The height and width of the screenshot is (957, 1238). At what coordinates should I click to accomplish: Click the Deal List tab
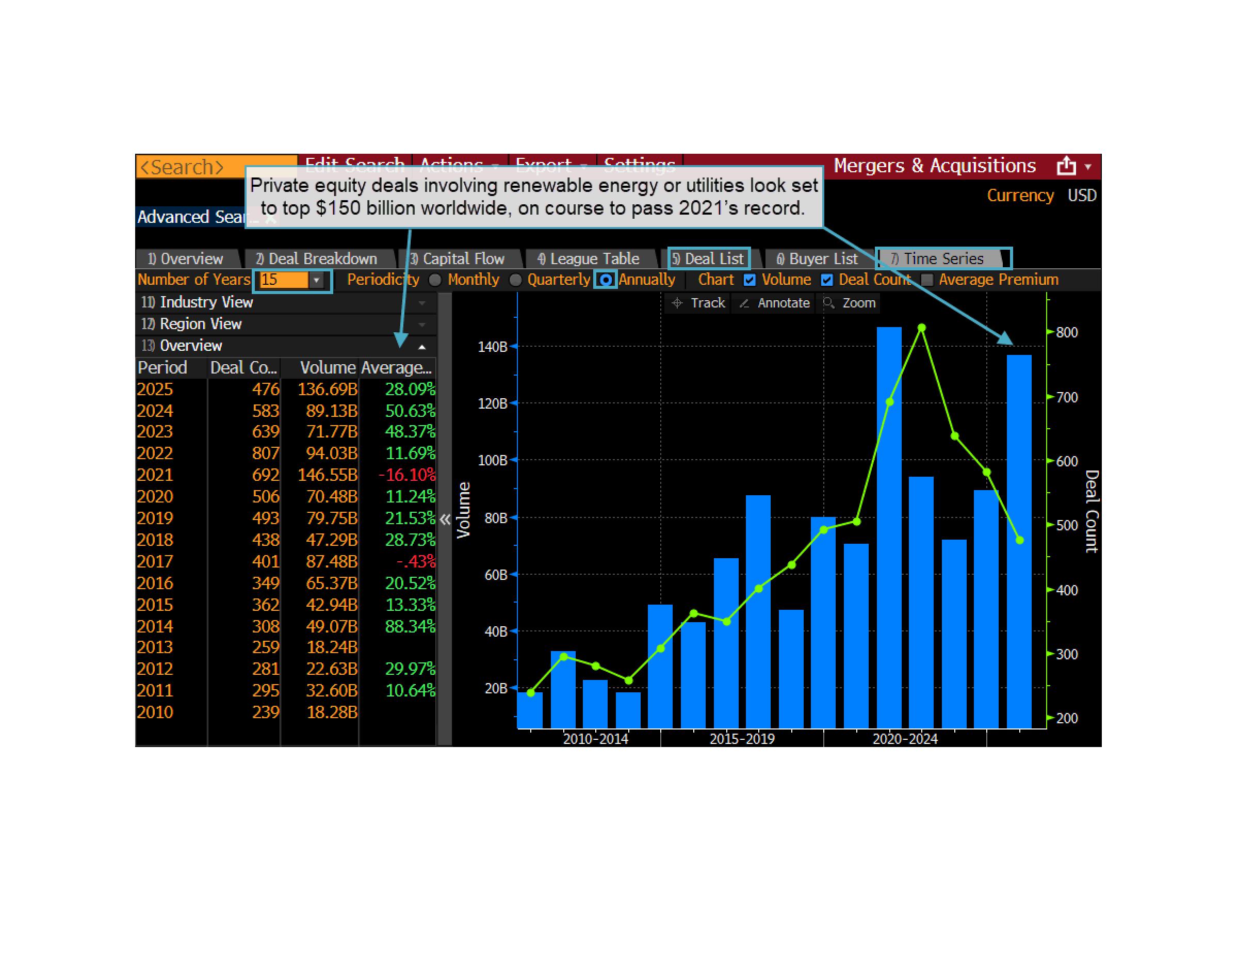pyautogui.click(x=709, y=258)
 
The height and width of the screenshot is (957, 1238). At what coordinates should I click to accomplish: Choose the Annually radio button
pyautogui.click(x=606, y=280)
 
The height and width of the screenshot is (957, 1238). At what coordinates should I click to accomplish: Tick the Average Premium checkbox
pyautogui.click(x=927, y=280)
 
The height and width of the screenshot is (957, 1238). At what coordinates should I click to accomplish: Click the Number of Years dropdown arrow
pyautogui.click(x=316, y=280)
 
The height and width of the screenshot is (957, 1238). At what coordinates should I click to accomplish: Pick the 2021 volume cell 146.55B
pyautogui.click(x=328, y=475)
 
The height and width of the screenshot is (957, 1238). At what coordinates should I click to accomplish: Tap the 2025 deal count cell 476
pyautogui.click(x=265, y=389)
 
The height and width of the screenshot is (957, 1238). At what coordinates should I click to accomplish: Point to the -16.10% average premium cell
pyautogui.click(x=406, y=475)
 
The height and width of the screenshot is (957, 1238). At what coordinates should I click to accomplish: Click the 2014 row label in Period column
pyautogui.click(x=155, y=626)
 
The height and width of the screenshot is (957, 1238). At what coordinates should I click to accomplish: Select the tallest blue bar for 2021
pyautogui.click(x=889, y=527)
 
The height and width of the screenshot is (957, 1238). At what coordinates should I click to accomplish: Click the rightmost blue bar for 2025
pyautogui.click(x=1019, y=541)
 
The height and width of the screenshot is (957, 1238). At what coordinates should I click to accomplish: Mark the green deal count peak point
pyautogui.click(x=922, y=328)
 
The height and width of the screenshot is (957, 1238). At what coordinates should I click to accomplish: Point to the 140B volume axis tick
pyautogui.click(x=493, y=346)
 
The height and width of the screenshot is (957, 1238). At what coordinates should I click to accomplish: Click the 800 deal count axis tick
pyautogui.click(x=1066, y=332)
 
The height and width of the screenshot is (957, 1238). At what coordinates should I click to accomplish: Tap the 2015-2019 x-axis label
pyautogui.click(x=742, y=739)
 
